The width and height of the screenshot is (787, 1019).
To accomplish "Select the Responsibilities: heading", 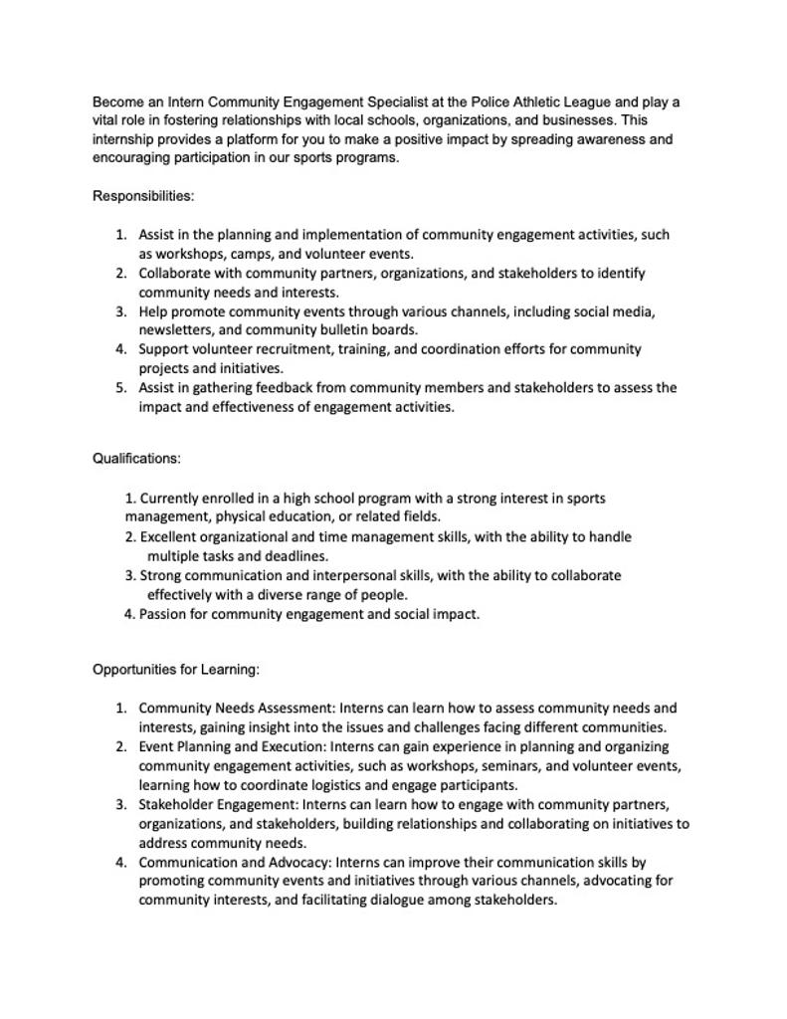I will pos(143,196).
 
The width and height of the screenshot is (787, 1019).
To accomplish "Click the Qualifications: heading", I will pos(136,459).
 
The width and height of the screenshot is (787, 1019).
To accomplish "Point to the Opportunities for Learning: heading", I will pos(176,670).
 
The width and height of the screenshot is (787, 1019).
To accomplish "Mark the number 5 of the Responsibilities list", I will pos(119,388).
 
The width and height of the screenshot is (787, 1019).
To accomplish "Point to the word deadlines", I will pos(297,556).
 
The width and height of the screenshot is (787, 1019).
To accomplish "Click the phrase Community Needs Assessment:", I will pos(237,709).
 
